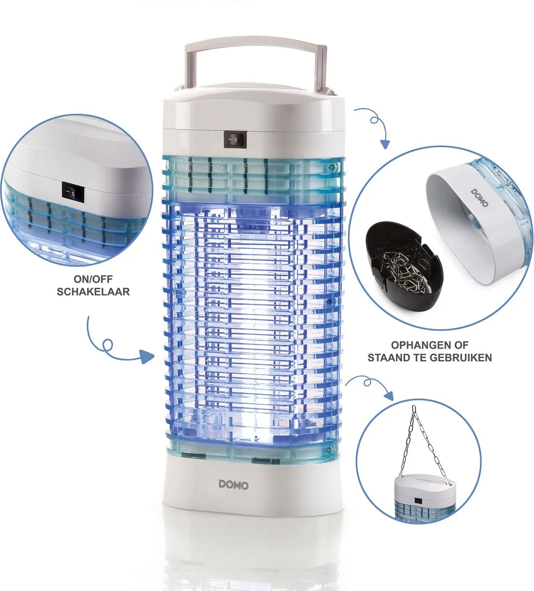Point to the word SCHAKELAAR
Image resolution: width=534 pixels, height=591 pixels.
click(x=93, y=292)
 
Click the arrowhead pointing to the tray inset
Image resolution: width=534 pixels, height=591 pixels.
click(x=384, y=144)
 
